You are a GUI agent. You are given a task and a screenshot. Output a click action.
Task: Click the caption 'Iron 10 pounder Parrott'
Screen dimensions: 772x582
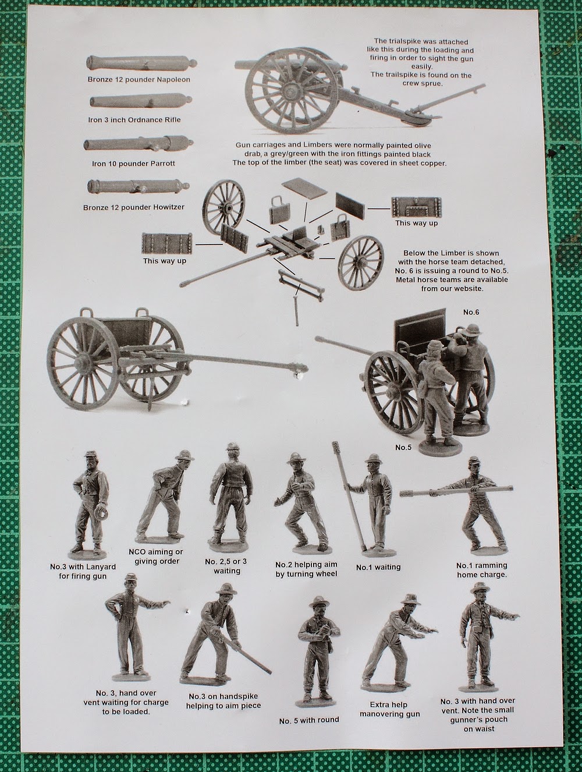pos(134,164)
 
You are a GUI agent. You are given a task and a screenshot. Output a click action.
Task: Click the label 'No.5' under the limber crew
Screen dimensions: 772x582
pos(404,448)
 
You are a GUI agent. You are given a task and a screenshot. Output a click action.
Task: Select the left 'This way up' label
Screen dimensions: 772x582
pos(165,261)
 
